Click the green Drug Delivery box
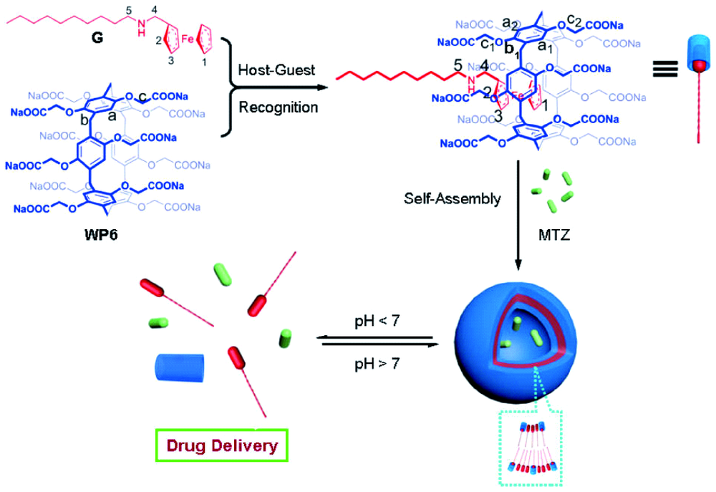pos(222,446)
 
